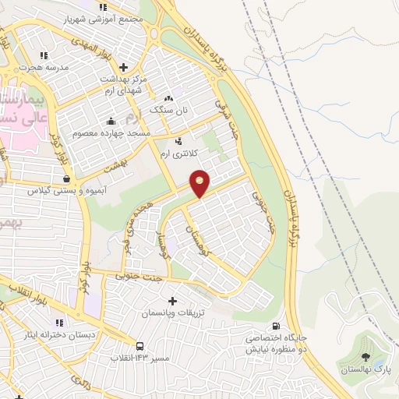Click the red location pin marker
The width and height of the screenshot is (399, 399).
click(200, 182)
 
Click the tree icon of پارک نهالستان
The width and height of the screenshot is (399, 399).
click(365, 356)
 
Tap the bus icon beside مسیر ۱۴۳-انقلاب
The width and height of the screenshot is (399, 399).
click(139, 345)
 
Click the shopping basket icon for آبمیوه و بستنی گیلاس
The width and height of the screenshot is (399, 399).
click(76, 180)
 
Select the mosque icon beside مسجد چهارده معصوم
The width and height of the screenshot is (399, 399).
click(111, 121)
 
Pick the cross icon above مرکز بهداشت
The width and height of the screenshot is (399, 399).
click(124, 68)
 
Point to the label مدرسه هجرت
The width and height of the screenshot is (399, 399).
click(44, 67)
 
